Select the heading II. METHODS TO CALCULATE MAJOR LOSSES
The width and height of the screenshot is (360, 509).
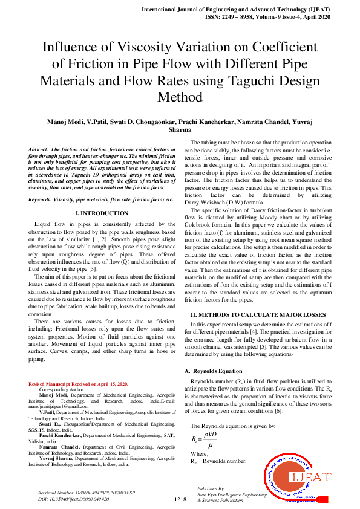pyautogui.click(x=258, y=315)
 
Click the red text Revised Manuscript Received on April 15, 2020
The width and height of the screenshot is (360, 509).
pyautogui.click(x=79, y=384)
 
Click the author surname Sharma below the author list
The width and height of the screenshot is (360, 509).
pyautogui.click(x=180, y=130)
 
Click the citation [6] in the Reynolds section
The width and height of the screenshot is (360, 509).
pyautogui.click(x=287, y=395)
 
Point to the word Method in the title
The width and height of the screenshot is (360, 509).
pyautogui.click(x=180, y=97)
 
